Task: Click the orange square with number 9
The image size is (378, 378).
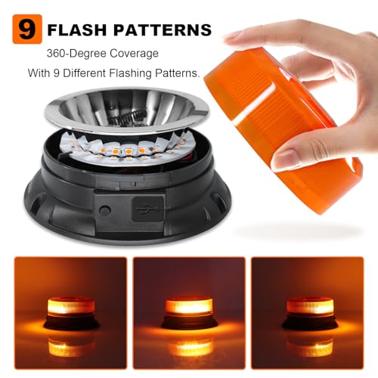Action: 27,29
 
